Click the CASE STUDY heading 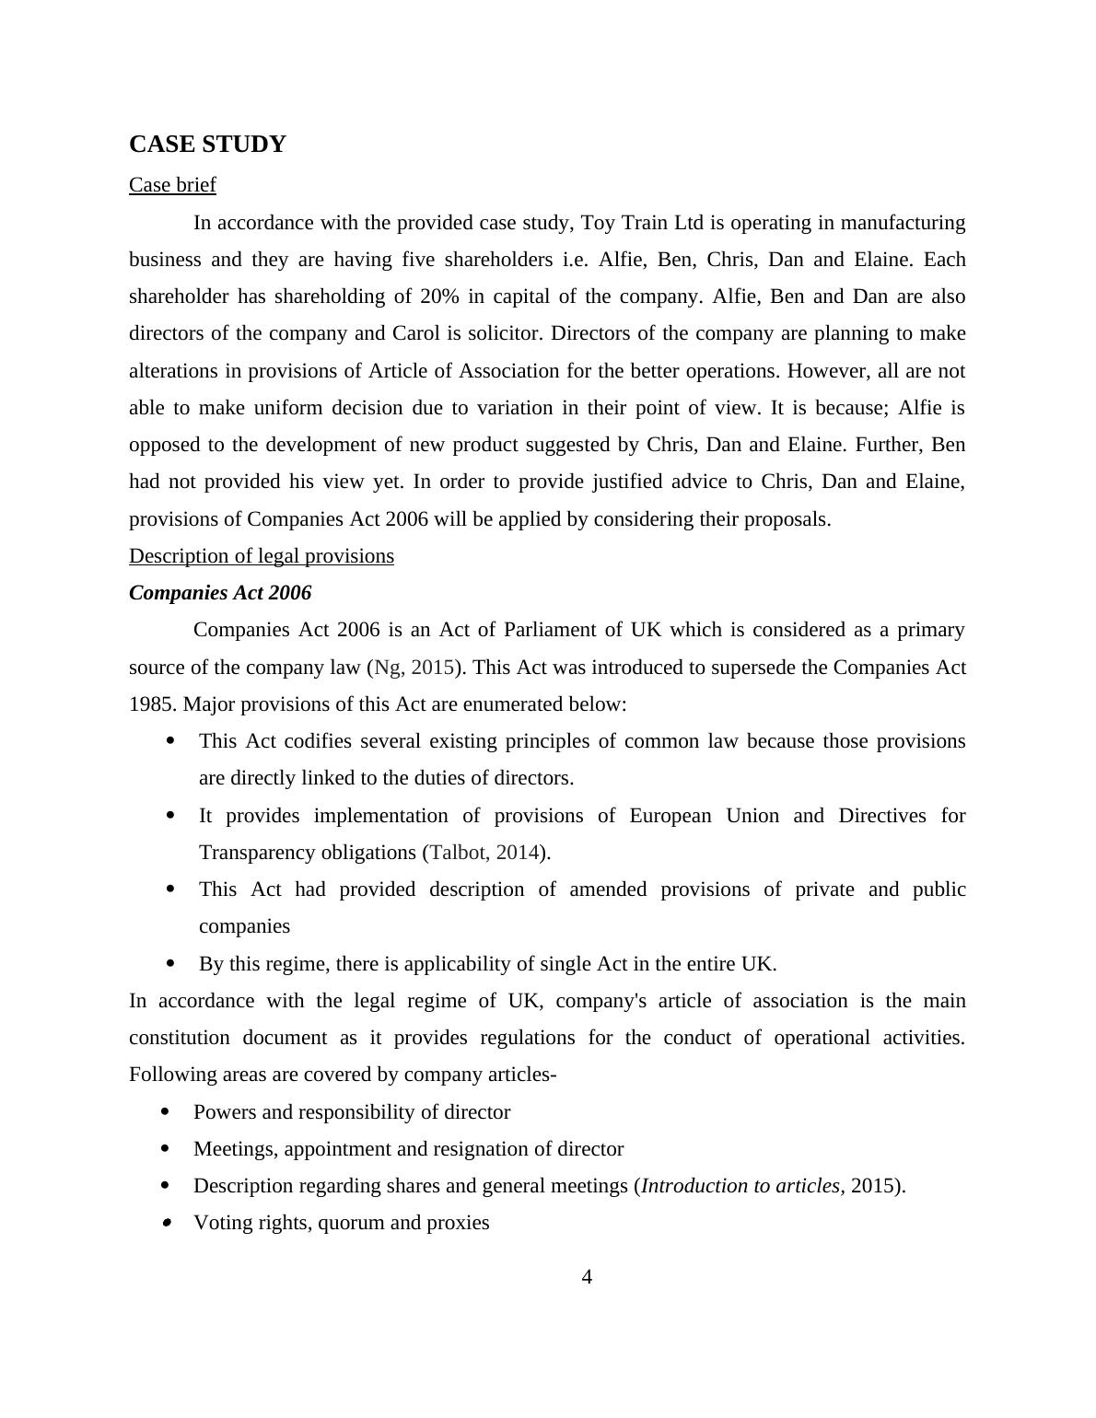tap(207, 145)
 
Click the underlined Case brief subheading tap(172, 185)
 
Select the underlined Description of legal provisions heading tap(262, 556)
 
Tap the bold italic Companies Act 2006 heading tap(220, 593)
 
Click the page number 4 tap(587, 1277)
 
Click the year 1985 tap(153, 704)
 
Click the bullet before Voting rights tap(167, 1223)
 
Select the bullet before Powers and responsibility tap(166, 1112)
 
